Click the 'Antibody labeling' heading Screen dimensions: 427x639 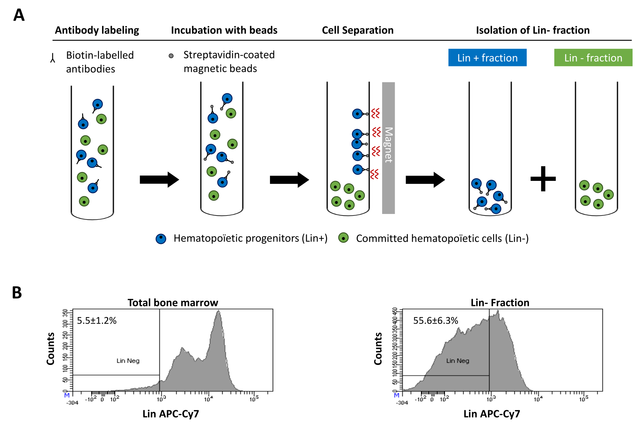pos(97,30)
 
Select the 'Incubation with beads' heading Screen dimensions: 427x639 pos(224,30)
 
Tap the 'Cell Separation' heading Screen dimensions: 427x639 pos(358,30)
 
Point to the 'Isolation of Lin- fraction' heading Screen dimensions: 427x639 pos(533,30)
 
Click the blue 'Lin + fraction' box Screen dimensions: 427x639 pos(487,58)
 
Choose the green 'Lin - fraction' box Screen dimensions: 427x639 pos(593,58)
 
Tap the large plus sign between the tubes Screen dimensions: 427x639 pos(543,179)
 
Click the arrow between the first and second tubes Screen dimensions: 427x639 pos(159,180)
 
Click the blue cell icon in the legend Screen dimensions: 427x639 pos(161,239)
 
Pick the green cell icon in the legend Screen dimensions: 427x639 pos(344,238)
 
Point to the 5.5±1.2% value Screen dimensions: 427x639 pos(97,320)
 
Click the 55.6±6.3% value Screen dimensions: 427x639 pos(436,320)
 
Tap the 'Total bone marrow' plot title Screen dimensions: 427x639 pos(173,303)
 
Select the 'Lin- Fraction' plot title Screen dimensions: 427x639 pos(500,303)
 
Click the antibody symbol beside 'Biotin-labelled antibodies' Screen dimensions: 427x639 pos(53,58)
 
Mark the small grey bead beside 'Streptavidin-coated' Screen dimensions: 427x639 pos(171,56)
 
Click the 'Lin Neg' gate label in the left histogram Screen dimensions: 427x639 pos(128,361)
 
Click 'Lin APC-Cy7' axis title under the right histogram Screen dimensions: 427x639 pos(492,414)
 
